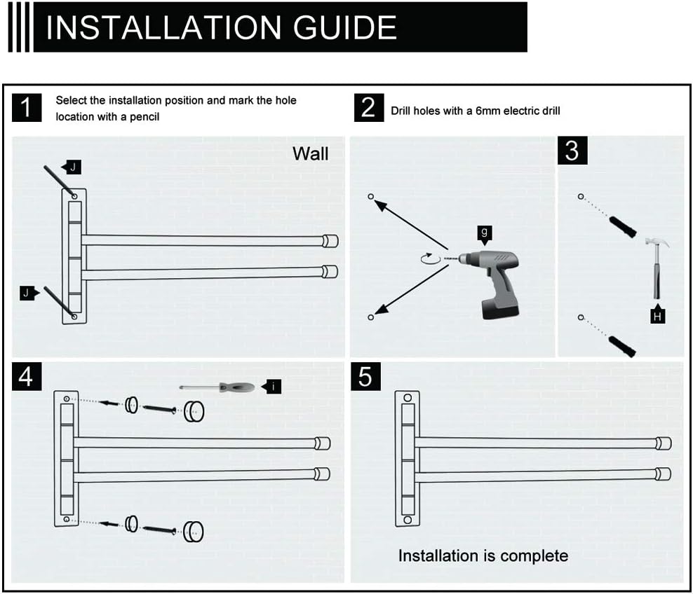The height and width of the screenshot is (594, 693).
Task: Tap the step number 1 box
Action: point(27,108)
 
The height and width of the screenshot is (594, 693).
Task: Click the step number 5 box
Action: point(365,377)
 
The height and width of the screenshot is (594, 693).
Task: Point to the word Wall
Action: point(310,154)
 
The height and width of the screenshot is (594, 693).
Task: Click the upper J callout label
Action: point(72,167)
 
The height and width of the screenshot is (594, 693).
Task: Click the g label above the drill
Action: point(484,233)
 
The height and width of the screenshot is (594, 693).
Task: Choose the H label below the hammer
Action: point(657,317)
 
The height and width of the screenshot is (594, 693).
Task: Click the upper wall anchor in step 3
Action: point(621,226)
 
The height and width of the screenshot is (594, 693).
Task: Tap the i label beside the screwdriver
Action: point(272,386)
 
